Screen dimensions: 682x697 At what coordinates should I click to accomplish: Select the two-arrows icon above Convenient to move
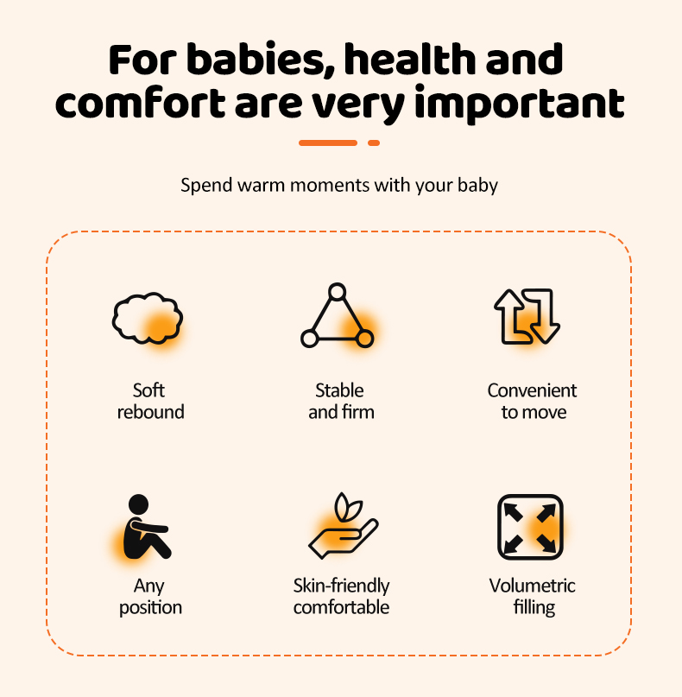point(527,316)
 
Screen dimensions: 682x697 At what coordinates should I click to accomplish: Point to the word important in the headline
point(519,104)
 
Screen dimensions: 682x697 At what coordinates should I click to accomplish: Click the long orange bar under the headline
point(328,143)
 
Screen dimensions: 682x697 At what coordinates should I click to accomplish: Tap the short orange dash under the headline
point(374,143)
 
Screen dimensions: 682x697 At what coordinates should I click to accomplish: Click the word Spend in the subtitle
point(206,186)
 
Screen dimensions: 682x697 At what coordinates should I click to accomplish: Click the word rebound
point(150,412)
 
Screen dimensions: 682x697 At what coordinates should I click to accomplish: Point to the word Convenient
point(532,390)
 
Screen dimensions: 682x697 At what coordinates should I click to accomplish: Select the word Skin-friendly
point(341,586)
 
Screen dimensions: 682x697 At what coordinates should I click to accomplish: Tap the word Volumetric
point(533,586)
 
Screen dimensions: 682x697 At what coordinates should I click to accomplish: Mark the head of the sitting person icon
point(138,504)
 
